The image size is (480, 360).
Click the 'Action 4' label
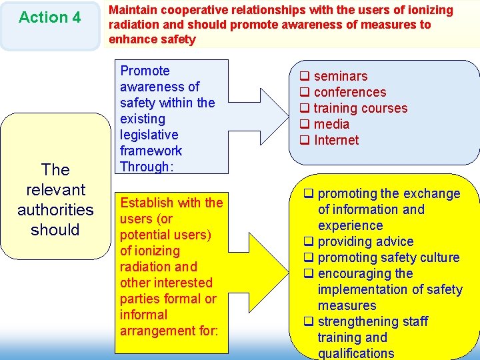click(x=49, y=17)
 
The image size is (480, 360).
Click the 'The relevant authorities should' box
click(x=55, y=199)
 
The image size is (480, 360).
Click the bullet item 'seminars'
click(x=340, y=76)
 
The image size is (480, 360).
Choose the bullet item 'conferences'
click(x=349, y=92)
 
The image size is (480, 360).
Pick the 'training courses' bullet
click(x=360, y=108)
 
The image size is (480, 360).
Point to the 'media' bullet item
click(x=331, y=124)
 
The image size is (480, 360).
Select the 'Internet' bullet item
click(x=336, y=140)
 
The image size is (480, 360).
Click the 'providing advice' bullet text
click(x=365, y=241)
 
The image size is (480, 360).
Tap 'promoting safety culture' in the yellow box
click(x=389, y=257)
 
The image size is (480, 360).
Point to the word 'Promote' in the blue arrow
click(x=145, y=71)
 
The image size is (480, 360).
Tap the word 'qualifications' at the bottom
click(x=355, y=353)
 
